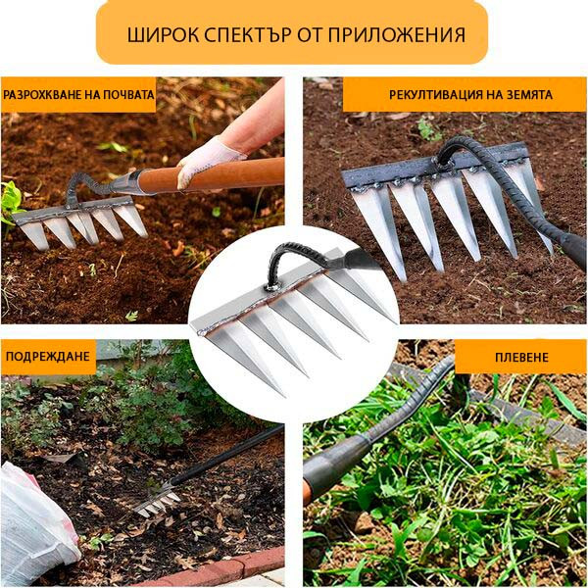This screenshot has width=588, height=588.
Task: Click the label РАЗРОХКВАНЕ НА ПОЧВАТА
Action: click(78, 95)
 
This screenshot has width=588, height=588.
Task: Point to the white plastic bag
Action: click(34, 519)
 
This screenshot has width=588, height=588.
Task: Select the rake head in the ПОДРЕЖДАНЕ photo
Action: click(157, 503)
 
